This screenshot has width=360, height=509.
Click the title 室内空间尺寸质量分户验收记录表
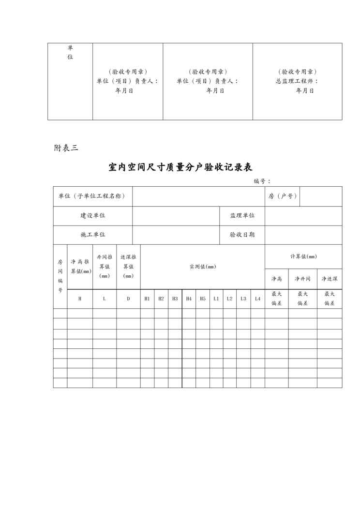180,167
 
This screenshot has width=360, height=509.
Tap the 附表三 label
66,148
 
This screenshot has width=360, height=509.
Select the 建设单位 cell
93,215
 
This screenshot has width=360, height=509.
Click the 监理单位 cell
242,215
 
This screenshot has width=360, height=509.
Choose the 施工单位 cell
93,235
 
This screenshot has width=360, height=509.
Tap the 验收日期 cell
242,235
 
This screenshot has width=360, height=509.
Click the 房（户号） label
283,196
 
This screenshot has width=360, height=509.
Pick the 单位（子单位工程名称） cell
92,196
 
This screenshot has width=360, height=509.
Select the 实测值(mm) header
202,267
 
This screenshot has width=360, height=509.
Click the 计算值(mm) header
303,256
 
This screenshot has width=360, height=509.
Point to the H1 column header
147,299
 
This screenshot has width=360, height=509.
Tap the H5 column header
203,299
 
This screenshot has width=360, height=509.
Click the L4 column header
257,299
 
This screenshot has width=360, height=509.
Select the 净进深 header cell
330,279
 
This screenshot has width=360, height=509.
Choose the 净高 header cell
276,279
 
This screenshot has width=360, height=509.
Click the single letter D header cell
128,299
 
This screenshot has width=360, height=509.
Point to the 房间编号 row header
60,276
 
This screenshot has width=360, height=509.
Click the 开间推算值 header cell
105,267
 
